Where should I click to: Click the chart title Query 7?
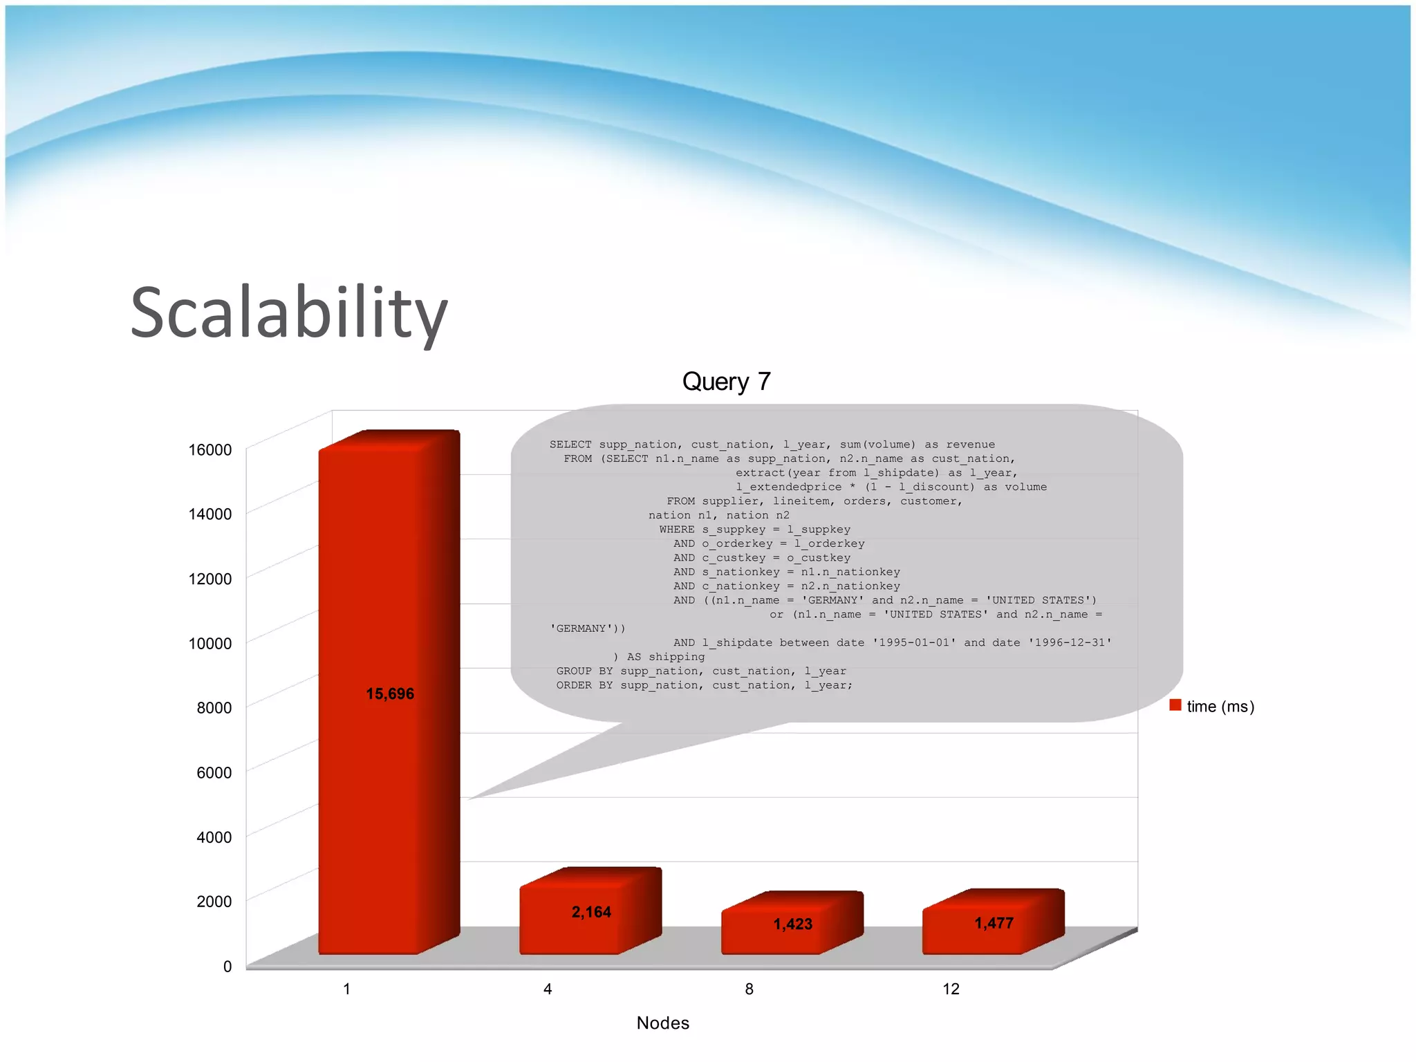[726, 382]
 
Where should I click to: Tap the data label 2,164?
[591, 912]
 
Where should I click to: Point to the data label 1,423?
[792, 924]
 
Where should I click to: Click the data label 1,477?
[994, 923]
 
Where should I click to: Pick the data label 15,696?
[390, 693]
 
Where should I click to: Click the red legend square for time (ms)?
[1175, 705]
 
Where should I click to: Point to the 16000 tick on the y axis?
[209, 450]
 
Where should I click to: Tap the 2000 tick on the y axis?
[214, 902]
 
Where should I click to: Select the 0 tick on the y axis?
[227, 967]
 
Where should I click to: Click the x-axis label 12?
[951, 989]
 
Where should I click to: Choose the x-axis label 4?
[548, 989]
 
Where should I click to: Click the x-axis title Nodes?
[662, 1023]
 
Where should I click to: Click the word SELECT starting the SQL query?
[570, 445]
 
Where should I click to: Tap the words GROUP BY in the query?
[584, 671]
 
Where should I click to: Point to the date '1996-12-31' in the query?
[1070, 643]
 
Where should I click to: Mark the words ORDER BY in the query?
[584, 685]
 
